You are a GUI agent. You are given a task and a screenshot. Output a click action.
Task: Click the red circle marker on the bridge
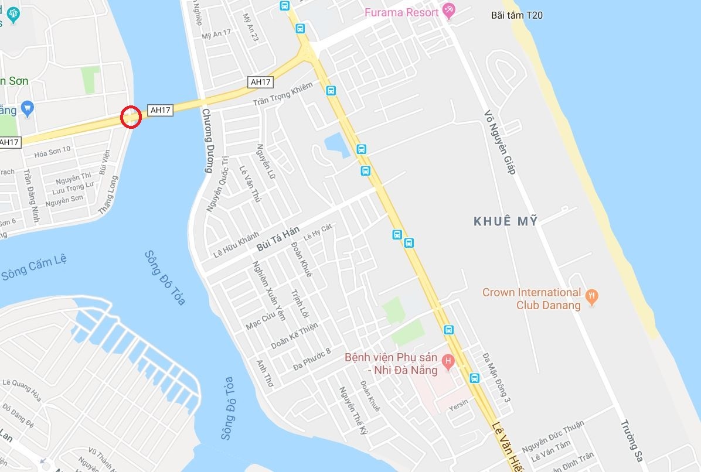(131, 117)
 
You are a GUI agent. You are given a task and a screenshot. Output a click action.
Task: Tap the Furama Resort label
(401, 12)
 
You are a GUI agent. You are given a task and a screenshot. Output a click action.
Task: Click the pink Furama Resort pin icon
(448, 10)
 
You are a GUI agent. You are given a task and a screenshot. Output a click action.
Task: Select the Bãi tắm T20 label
(516, 15)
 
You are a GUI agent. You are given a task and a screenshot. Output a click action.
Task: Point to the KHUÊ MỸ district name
(506, 221)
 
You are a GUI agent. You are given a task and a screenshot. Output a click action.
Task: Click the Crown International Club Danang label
(531, 299)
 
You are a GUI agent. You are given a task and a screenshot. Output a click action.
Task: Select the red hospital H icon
(448, 361)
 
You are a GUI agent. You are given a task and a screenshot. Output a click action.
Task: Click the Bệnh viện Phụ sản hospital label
(391, 363)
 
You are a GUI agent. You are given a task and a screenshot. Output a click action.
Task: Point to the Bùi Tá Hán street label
(278, 239)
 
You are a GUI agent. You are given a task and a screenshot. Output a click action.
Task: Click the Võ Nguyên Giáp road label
(500, 142)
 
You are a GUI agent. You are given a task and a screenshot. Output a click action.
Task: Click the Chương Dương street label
(206, 141)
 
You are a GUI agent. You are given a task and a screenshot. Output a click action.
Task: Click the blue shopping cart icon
(27, 108)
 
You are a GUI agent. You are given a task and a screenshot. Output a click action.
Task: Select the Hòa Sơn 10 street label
(52, 149)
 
